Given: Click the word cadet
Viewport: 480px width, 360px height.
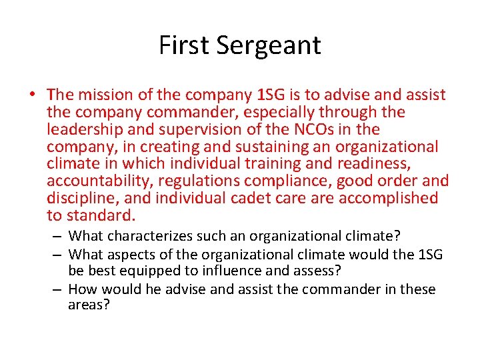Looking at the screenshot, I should (x=250, y=198).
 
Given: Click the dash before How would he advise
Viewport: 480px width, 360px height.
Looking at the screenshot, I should (x=59, y=289).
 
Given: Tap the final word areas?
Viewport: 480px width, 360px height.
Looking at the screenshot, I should (x=89, y=305).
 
